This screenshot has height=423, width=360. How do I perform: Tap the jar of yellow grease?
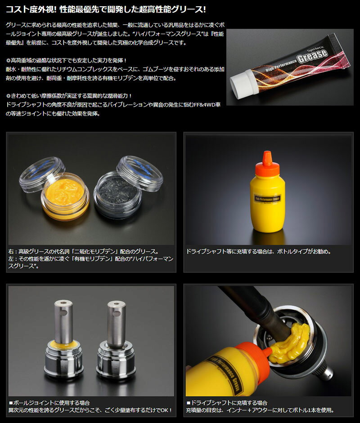[65, 196]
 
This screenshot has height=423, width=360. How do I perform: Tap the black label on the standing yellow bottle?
[267, 199]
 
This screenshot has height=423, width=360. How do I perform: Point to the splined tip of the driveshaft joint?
[327, 374]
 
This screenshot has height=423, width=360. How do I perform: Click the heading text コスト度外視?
[31, 9]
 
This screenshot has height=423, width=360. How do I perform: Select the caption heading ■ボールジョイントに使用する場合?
[49, 403]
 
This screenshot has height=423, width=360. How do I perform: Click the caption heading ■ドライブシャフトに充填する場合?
[227, 403]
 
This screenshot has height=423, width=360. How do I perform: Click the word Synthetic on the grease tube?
[315, 48]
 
